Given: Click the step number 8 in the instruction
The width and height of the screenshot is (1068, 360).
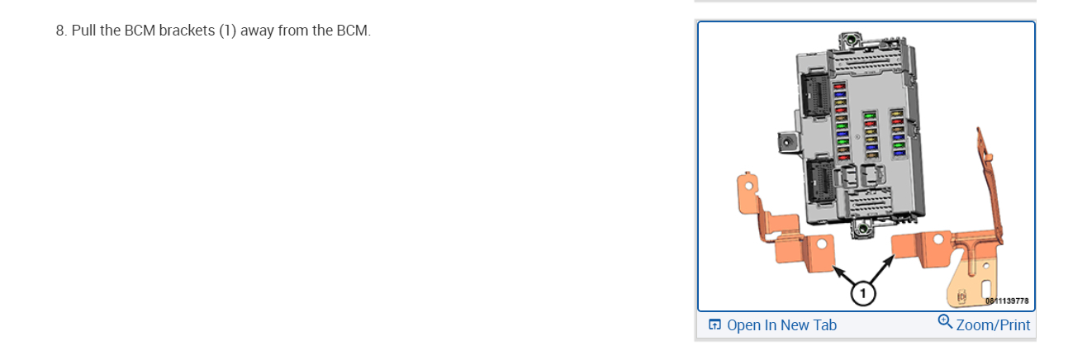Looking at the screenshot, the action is pos(60,31).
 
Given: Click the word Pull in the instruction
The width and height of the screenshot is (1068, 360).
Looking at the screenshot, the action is pos(84,31).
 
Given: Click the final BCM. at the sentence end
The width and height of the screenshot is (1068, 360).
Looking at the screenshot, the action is pos(354,31).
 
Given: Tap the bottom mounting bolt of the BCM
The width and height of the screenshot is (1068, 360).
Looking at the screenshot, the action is pos(862,228).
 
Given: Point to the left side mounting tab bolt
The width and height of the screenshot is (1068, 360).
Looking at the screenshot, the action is pos(788,141).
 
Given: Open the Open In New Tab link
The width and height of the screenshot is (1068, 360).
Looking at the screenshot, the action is pos(781,324).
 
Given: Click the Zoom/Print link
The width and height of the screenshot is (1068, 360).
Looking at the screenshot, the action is pos(993,324).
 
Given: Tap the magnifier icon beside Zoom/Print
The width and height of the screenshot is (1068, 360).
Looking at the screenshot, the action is pos(946,322).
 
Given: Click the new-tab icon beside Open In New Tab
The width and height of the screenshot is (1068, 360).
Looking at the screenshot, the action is pos(715,324).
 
